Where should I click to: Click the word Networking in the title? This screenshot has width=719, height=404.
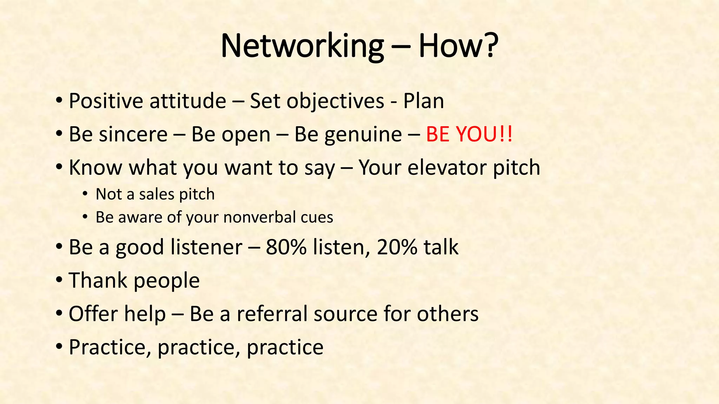302,47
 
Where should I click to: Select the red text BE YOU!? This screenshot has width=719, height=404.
469,134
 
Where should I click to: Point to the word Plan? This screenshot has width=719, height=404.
423,101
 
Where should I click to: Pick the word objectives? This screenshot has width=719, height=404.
335,101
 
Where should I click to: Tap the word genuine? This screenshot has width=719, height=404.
363,135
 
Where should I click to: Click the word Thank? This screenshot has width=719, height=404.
98,281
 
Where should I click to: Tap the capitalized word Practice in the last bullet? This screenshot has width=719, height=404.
109,347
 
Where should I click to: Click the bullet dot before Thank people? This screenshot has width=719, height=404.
59,280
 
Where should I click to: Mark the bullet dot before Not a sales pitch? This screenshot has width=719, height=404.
85,194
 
